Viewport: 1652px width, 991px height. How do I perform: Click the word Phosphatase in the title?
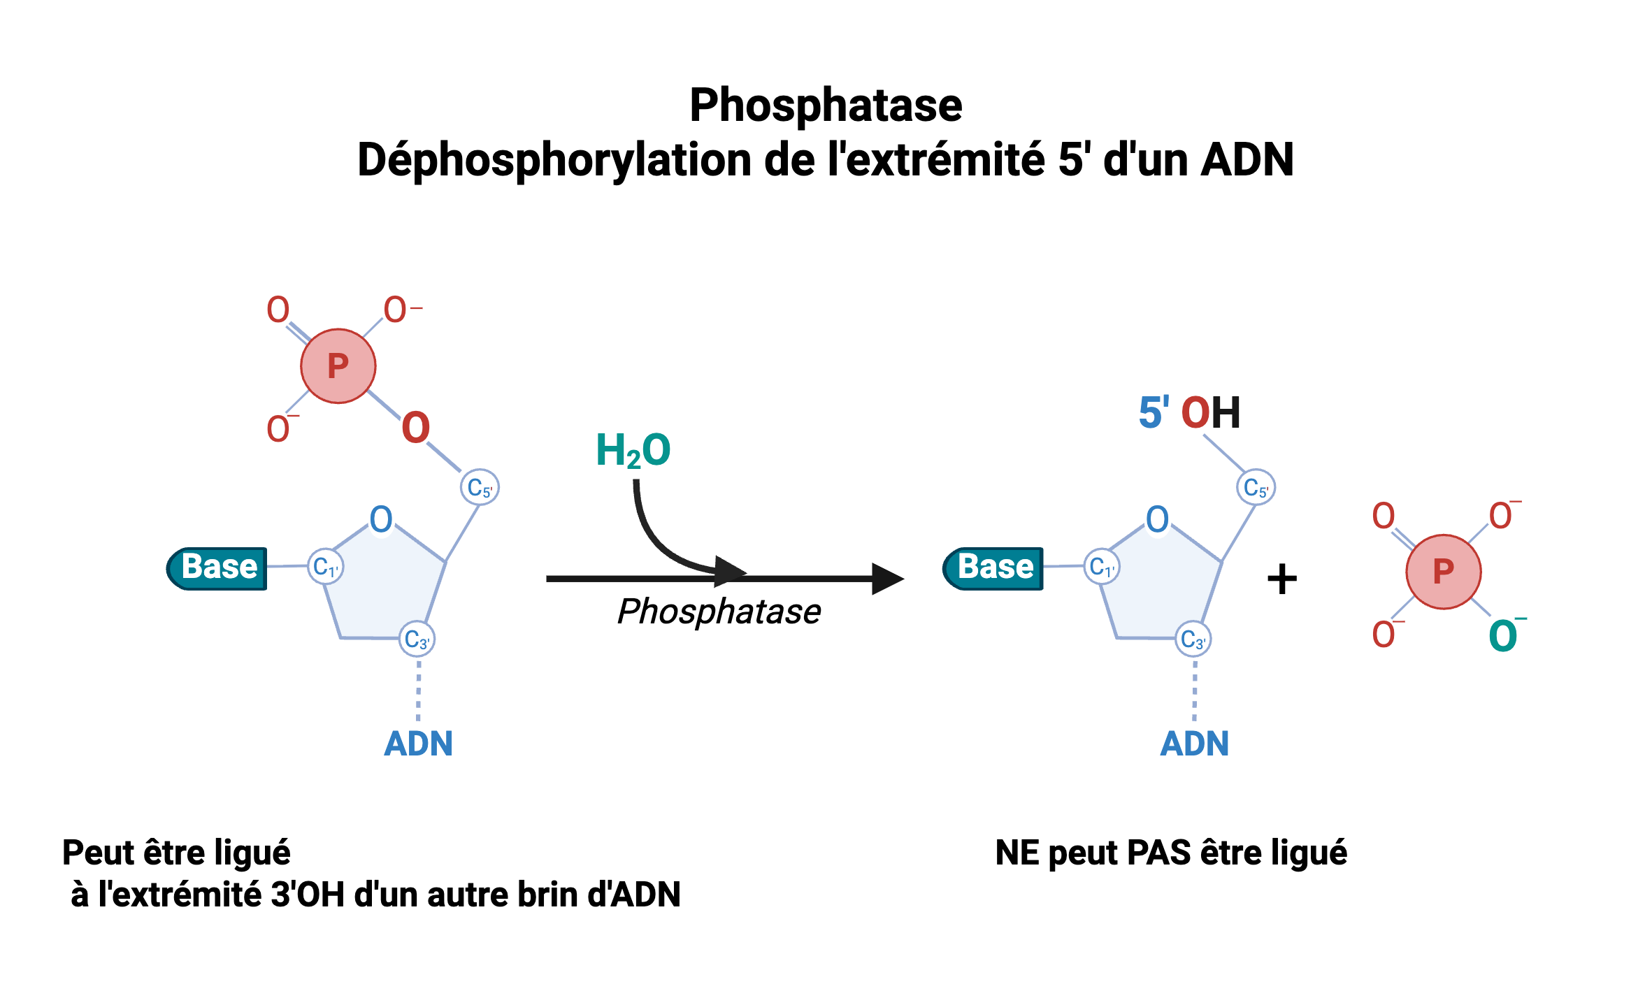826,106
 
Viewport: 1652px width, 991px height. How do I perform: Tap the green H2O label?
633,451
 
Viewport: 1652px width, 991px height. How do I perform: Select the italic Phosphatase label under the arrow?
719,612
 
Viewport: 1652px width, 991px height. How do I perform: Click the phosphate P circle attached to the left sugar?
338,366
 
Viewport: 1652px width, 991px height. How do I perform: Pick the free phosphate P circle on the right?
1443,572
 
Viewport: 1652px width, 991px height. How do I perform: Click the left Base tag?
217,567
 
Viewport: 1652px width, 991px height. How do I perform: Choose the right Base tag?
993,567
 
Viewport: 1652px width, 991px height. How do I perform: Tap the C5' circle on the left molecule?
480,487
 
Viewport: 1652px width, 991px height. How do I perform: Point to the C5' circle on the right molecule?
1256,487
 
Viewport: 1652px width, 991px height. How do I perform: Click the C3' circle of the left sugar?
417,639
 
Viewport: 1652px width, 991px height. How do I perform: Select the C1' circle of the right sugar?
1102,567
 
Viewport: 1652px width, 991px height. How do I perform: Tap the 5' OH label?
1189,412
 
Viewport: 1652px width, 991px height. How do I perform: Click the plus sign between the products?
1281,579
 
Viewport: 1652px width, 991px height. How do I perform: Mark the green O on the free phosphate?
1503,636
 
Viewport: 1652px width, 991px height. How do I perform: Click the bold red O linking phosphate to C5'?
415,428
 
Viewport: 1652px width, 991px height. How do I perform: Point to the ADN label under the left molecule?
418,744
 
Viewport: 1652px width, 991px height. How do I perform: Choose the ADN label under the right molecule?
1194,744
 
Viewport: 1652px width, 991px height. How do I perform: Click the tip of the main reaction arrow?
898,579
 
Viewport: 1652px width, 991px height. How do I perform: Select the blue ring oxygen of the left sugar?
381,520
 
